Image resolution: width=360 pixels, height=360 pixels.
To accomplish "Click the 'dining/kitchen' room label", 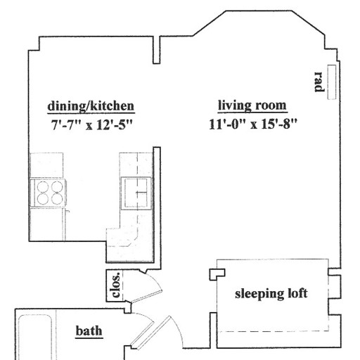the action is point(91,106).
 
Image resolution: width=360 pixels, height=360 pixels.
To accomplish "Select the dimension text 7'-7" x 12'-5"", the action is point(92,124).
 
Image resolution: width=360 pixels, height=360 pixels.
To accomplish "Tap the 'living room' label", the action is point(252,105).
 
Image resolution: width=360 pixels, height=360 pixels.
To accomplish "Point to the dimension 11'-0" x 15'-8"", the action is point(253,124).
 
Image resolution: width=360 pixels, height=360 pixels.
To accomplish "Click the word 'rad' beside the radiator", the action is point(319,82).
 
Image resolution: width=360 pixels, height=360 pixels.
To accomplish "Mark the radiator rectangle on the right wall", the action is point(332,82).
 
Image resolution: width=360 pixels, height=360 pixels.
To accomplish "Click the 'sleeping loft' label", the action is point(271,294).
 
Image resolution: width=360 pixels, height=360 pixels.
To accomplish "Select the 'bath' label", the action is point(89,331).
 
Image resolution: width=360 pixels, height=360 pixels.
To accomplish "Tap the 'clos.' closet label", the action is point(116,285).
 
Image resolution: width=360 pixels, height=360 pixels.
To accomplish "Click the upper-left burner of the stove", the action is point(43,187).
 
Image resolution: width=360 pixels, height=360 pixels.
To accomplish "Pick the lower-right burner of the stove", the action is point(57,199).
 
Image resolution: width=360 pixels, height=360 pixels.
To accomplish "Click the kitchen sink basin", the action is point(136,193).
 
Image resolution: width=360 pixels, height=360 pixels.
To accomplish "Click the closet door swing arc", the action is point(157,279).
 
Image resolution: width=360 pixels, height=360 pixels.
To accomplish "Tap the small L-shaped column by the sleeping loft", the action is point(217,274).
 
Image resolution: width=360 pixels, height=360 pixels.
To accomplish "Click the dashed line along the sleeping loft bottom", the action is point(273,331).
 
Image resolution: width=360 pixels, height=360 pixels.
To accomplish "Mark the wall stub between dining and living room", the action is point(157,50).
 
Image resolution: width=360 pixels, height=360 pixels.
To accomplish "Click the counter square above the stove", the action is point(46,165).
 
